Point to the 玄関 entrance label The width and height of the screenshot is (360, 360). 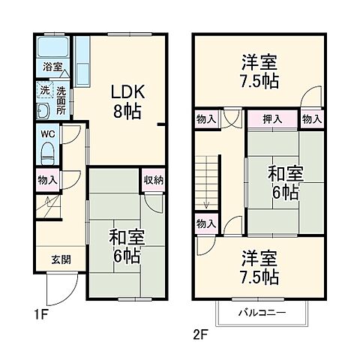[61, 260]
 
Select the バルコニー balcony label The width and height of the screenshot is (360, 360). [262, 311]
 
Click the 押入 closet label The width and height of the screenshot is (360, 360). [273, 119]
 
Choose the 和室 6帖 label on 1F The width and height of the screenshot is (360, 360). [126, 245]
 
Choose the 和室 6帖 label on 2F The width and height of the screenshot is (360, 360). [283, 182]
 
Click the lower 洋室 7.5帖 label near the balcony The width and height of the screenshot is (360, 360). [260, 268]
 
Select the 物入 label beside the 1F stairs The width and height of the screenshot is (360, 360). [46, 179]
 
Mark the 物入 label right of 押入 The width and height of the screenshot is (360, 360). [312, 119]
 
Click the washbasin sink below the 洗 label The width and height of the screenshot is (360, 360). [43, 111]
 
